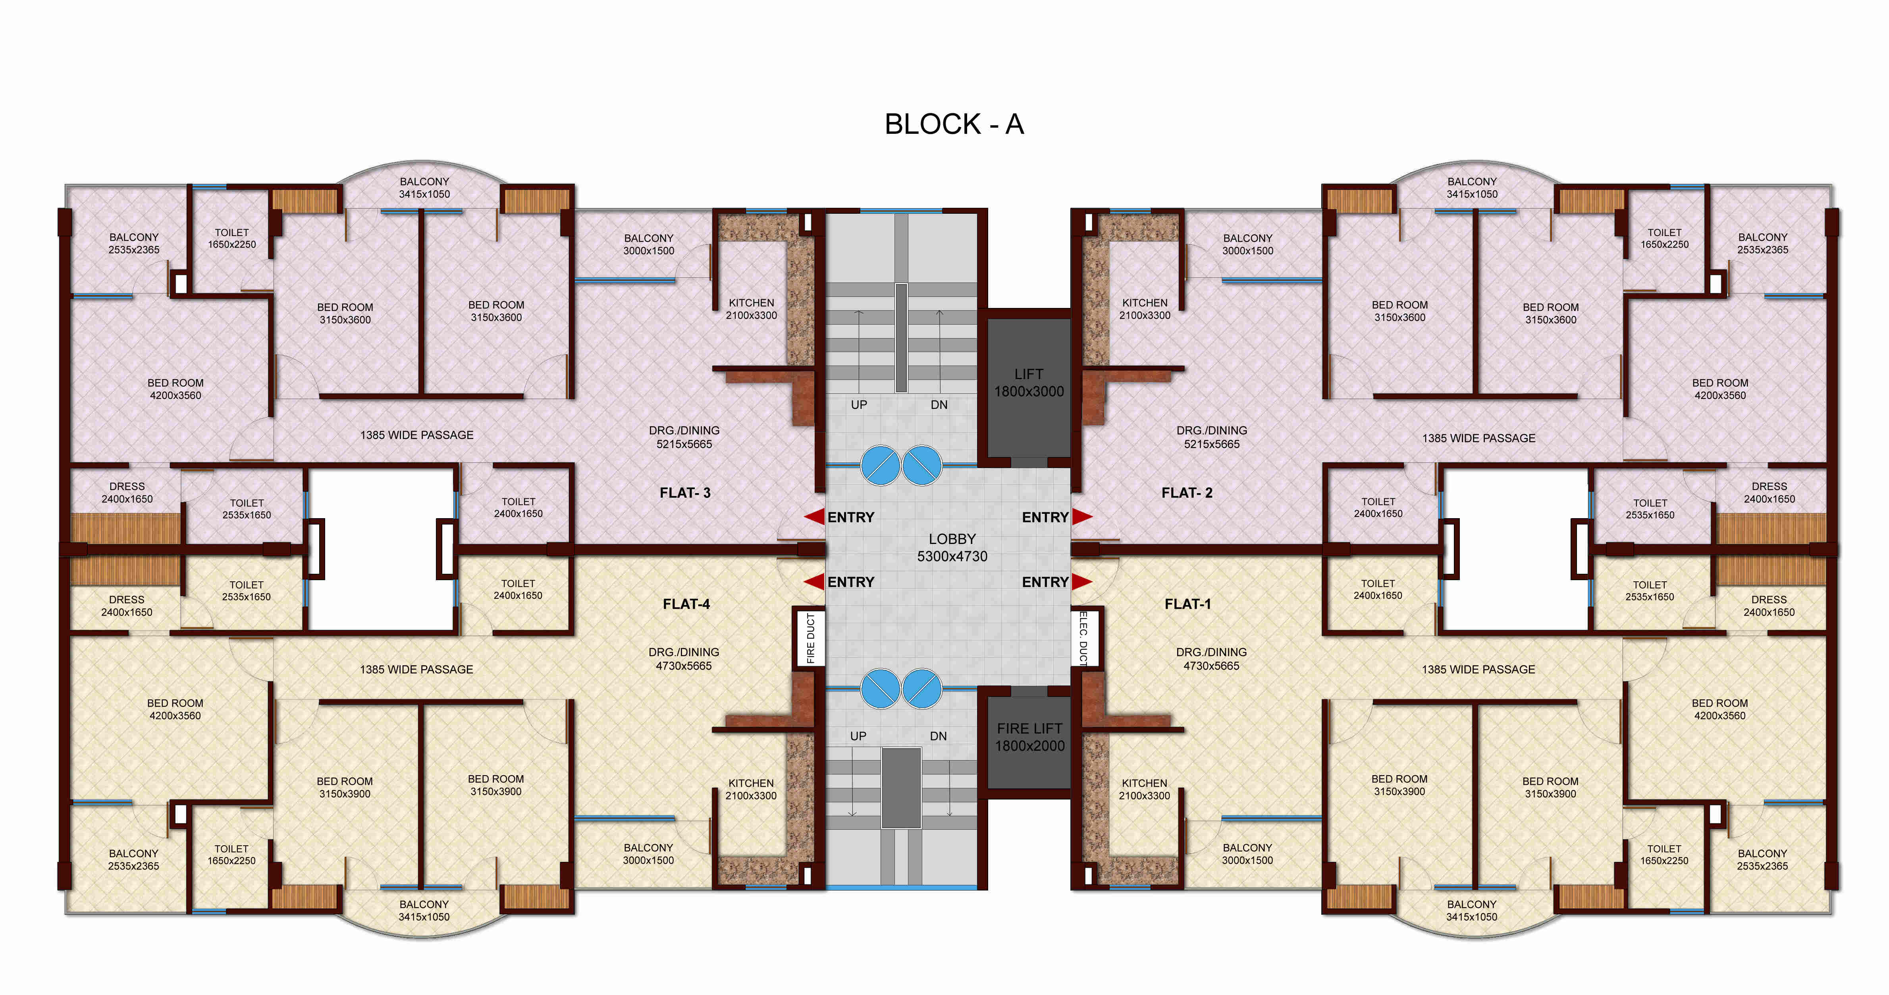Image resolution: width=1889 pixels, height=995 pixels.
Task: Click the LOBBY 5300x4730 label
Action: [x=952, y=548]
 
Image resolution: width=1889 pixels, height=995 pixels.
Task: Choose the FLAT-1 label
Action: [x=1187, y=604]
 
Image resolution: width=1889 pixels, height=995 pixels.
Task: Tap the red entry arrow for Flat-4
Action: [x=814, y=582]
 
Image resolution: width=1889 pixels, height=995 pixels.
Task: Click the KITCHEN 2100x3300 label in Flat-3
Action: [x=751, y=309]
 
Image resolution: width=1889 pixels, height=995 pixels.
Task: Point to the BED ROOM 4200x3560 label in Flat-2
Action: [x=1719, y=389]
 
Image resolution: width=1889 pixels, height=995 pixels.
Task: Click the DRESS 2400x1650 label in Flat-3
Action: [x=127, y=492]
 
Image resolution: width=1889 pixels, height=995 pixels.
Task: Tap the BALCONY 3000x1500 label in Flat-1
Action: [x=1247, y=854]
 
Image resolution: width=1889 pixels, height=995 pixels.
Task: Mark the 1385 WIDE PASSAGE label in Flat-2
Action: [x=1478, y=438]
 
